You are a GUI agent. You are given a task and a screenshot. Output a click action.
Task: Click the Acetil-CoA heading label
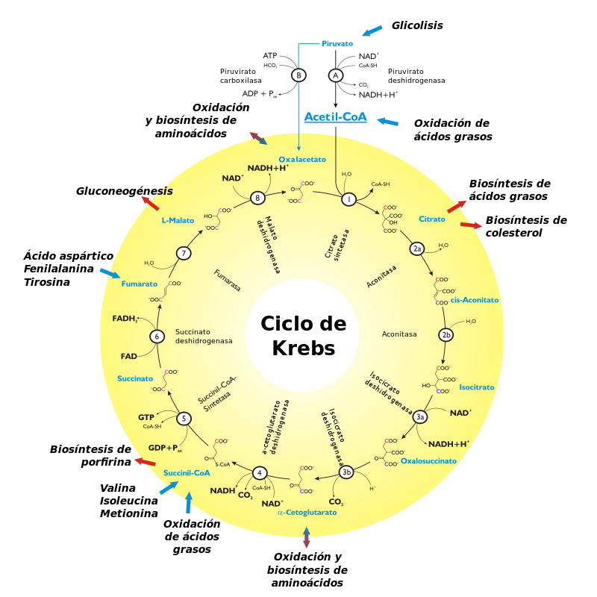[335, 117]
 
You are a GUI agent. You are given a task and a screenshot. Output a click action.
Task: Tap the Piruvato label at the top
[337, 43]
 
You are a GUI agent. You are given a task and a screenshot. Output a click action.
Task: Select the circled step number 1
[348, 199]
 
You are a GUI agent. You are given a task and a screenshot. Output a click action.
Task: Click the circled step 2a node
[417, 248]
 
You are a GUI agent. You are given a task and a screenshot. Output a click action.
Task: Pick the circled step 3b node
[346, 472]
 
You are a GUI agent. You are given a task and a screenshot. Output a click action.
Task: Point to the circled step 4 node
[259, 472]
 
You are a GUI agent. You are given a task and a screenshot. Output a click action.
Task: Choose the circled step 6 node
[157, 337]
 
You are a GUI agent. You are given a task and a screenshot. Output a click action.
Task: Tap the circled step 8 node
[257, 198]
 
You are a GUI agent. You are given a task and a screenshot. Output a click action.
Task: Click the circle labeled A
[336, 75]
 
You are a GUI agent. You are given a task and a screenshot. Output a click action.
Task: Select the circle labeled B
[298, 75]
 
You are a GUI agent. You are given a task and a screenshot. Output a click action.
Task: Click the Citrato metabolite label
[432, 219]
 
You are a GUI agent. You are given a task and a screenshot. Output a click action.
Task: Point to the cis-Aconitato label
[475, 300]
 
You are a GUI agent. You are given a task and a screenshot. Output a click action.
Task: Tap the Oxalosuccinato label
[428, 461]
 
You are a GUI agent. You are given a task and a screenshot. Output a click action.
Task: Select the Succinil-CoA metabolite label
[187, 473]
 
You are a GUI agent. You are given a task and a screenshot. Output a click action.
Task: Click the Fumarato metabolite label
[140, 284]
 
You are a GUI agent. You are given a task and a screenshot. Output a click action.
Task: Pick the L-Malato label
[178, 221]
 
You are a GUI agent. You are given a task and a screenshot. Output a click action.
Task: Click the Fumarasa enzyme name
[227, 281]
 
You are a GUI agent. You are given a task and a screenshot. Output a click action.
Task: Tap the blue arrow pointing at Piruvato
[372, 31]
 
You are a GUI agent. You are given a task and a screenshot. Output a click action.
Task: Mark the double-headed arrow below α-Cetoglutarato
[306, 537]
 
